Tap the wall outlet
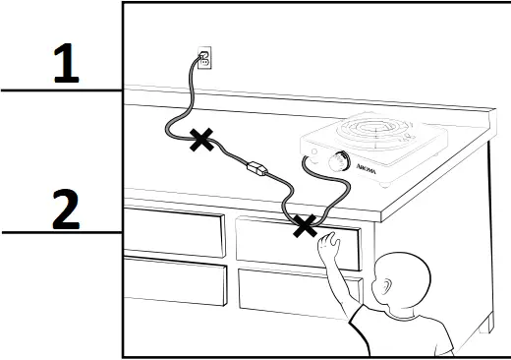point(204,59)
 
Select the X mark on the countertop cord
point(202,140)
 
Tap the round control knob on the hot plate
point(340,162)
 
